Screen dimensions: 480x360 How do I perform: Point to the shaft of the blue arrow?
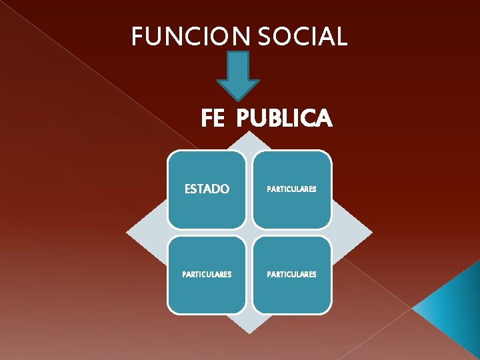(x=238, y=67)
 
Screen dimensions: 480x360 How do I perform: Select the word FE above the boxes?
(x=213, y=119)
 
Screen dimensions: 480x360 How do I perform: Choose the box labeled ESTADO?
(x=206, y=189)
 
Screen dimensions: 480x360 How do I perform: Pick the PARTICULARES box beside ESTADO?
(x=291, y=189)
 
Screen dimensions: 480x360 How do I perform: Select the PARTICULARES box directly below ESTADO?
(x=206, y=275)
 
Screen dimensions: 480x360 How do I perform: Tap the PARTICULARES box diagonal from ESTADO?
(x=291, y=275)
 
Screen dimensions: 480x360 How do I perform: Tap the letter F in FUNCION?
(x=137, y=37)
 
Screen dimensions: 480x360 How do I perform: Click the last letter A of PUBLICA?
(x=323, y=119)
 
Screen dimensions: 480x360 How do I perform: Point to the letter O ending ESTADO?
(x=224, y=189)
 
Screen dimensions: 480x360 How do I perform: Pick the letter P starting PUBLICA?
(x=243, y=119)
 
